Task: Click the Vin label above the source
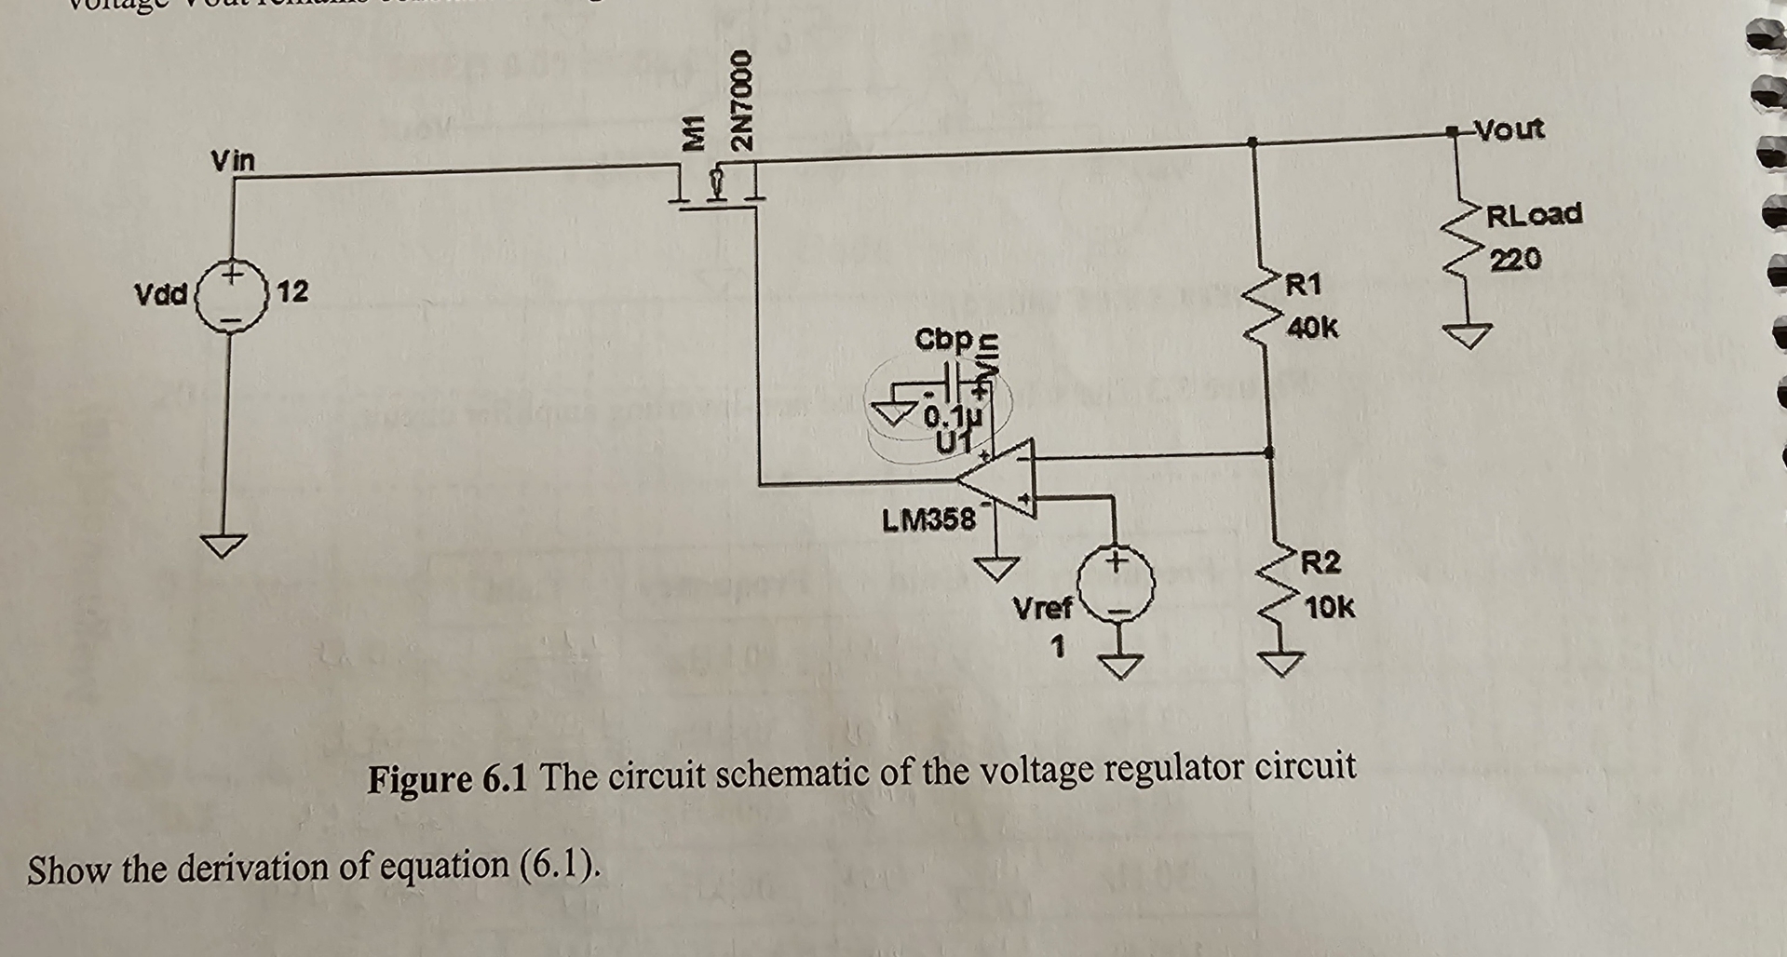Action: (232, 161)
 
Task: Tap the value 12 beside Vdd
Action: (291, 291)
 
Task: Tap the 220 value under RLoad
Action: (1515, 258)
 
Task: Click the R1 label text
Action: (1303, 284)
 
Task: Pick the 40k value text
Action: (1313, 328)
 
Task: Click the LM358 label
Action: (928, 519)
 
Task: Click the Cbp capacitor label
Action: (943, 338)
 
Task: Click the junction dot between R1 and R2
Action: (1268, 452)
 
